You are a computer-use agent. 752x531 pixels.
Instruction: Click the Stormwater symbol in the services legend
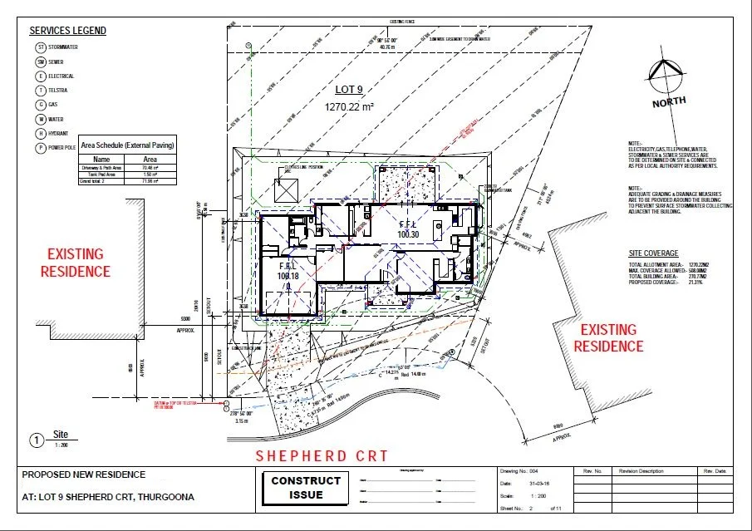pyautogui.click(x=39, y=47)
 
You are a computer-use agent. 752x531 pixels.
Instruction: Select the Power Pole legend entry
pyautogui.click(x=39, y=147)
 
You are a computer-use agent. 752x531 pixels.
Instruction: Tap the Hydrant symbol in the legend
pyautogui.click(x=39, y=133)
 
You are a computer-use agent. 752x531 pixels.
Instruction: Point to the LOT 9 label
pyautogui.click(x=350, y=90)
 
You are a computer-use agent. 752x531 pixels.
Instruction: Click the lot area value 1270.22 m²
pyautogui.click(x=350, y=106)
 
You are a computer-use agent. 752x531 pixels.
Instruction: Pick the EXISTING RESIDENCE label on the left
pyautogui.click(x=78, y=262)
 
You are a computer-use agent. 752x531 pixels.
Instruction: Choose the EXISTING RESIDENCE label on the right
pyautogui.click(x=608, y=337)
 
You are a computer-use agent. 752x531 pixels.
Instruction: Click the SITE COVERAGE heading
pyautogui.click(x=654, y=253)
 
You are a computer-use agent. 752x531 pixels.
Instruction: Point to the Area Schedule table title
pyautogui.click(x=125, y=145)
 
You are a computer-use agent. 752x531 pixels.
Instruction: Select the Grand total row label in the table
pyautogui.click(x=98, y=180)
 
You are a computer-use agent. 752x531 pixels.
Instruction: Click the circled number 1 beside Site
pyautogui.click(x=37, y=440)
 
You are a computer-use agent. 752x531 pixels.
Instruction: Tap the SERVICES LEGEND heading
pyautogui.click(x=68, y=31)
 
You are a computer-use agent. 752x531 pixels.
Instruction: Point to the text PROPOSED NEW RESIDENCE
pyautogui.click(x=83, y=475)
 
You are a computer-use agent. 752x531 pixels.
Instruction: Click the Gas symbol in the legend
pyautogui.click(x=39, y=105)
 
